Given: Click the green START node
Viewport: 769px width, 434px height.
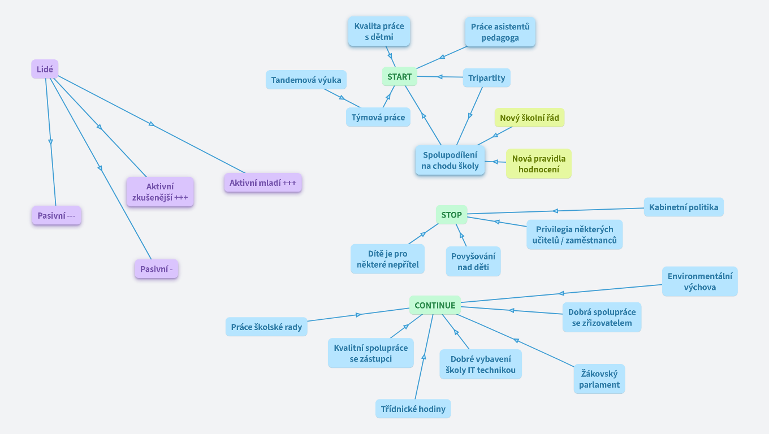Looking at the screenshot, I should tap(399, 77).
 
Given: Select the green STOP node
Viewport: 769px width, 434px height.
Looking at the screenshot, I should tap(451, 215).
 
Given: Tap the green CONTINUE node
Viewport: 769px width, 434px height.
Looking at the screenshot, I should tap(435, 305).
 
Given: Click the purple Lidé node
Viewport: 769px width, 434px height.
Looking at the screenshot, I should tap(45, 70).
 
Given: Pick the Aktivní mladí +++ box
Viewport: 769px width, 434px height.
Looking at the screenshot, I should tap(263, 183).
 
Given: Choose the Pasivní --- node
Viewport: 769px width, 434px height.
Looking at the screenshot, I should tap(57, 215).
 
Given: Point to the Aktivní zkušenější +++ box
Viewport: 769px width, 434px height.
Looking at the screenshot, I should tap(160, 192).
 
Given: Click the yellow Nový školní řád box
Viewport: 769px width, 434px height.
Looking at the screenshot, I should tap(530, 118).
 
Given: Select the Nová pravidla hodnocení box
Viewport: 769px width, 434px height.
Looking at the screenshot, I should tap(538, 164).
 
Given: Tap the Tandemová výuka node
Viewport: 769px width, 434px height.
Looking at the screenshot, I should tap(306, 80).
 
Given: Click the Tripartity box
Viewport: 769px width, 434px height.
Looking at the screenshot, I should tap(486, 78).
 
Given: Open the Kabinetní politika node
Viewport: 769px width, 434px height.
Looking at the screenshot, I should tap(684, 207).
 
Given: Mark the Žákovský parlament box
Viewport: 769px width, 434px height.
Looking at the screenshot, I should tap(599, 379).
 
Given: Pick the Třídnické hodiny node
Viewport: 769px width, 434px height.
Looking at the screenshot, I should tap(413, 409).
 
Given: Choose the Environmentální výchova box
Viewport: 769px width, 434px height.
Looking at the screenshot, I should tap(700, 281).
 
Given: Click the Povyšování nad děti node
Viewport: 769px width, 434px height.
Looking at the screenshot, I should tap(473, 261).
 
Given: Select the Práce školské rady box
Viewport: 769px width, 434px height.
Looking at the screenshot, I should tap(266, 327).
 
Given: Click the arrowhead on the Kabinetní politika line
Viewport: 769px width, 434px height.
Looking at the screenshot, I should tap(556, 211).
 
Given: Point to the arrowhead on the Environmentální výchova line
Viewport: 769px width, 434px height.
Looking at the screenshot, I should tap(561, 293).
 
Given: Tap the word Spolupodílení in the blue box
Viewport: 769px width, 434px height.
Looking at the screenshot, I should tap(450, 155).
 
